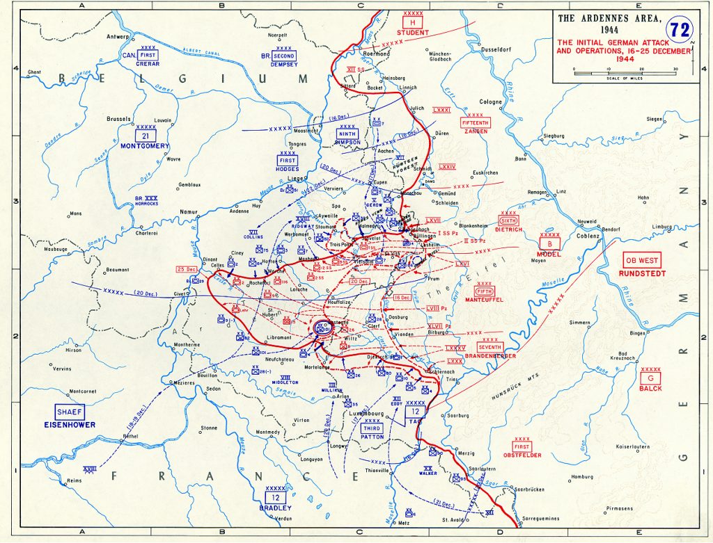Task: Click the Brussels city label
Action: [118, 119]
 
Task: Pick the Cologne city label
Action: [490, 102]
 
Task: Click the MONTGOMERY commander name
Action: [145, 146]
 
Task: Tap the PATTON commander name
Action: [373, 437]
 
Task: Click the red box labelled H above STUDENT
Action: [413, 23]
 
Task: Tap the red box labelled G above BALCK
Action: [650, 378]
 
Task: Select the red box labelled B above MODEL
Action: [549, 243]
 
